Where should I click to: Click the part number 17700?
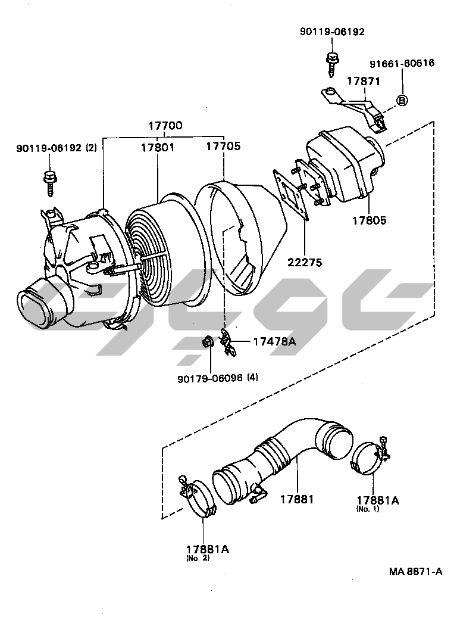pyautogui.click(x=165, y=126)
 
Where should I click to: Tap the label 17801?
pyautogui.click(x=158, y=147)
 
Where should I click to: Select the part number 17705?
pyautogui.click(x=223, y=146)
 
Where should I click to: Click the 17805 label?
pyautogui.click(x=368, y=220)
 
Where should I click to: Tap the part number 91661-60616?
pyautogui.click(x=402, y=63)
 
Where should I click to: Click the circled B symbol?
pyautogui.click(x=402, y=101)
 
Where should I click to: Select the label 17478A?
pyautogui.click(x=274, y=341)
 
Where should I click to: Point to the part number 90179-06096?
pyautogui.click(x=209, y=378)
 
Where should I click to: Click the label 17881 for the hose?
pyautogui.click(x=297, y=499)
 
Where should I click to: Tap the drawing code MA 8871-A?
pyautogui.click(x=416, y=571)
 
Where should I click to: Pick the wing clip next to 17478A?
pyautogui.click(x=228, y=341)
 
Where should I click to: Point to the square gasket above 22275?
pyautogui.click(x=292, y=191)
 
